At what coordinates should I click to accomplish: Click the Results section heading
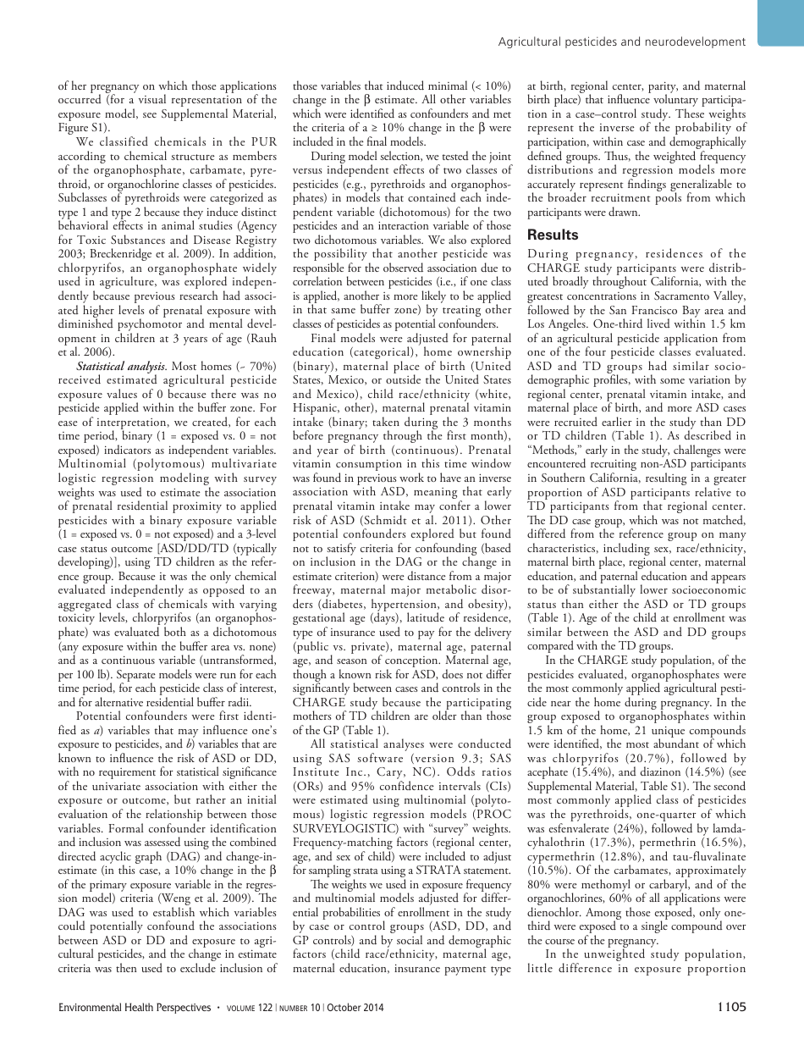point(553,235)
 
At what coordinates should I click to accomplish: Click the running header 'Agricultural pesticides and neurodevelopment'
point(622,41)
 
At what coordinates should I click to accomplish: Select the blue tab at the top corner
point(779,22)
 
